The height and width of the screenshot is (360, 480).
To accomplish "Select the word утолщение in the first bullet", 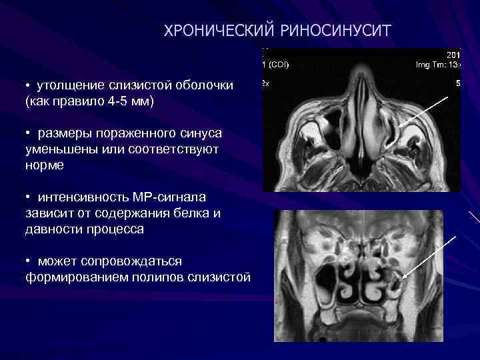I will pos(67,87).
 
